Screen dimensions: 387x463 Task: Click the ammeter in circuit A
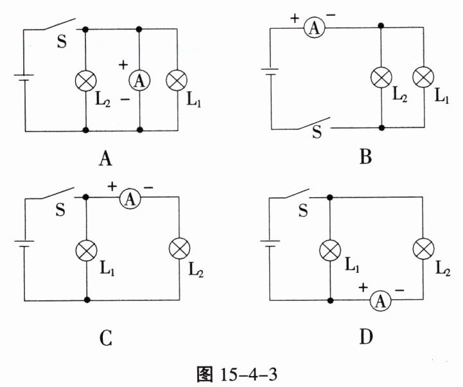tap(140, 80)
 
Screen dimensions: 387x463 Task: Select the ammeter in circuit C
tap(130, 200)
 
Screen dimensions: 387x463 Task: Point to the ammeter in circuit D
tap(381, 300)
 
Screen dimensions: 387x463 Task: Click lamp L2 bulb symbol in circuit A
tap(85, 80)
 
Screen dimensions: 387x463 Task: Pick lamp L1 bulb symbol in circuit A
tap(176, 80)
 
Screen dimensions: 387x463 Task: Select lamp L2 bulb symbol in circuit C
tap(177, 248)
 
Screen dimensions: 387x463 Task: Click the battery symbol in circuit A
tap(24, 80)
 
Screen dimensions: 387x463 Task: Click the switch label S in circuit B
tap(317, 133)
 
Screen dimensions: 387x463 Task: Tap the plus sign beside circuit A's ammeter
tap(125, 65)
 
